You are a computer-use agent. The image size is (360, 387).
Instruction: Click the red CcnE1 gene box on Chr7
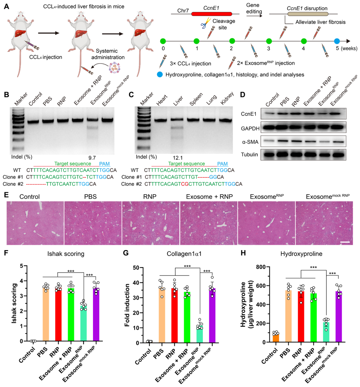pos(211,14)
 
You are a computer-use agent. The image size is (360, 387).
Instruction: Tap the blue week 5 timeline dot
pos(337,41)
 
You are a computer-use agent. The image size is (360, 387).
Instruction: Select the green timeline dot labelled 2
pos(232,41)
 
